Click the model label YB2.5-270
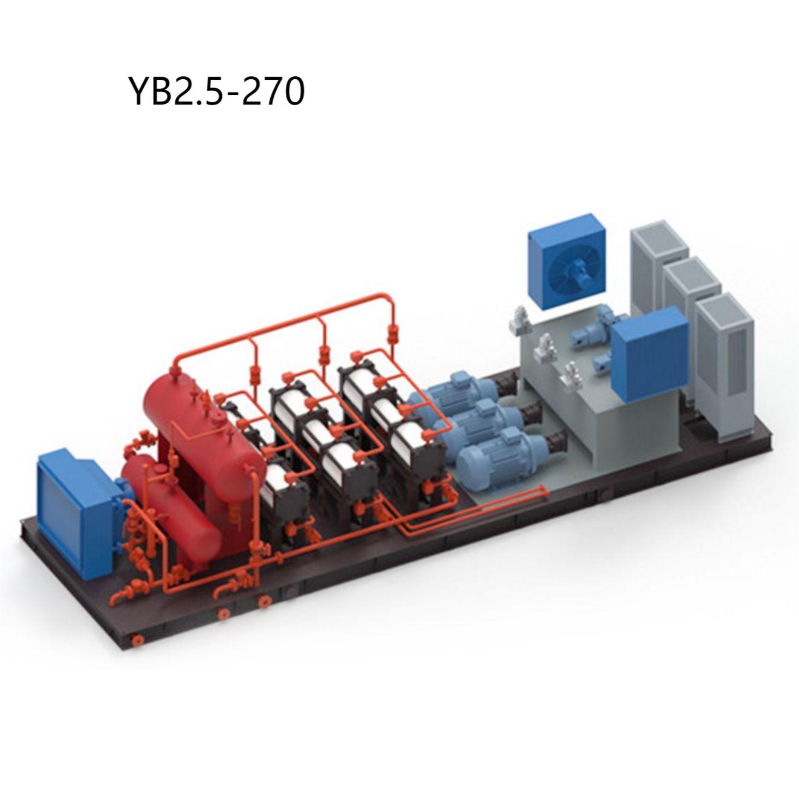(x=217, y=91)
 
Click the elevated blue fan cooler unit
(x=569, y=261)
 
